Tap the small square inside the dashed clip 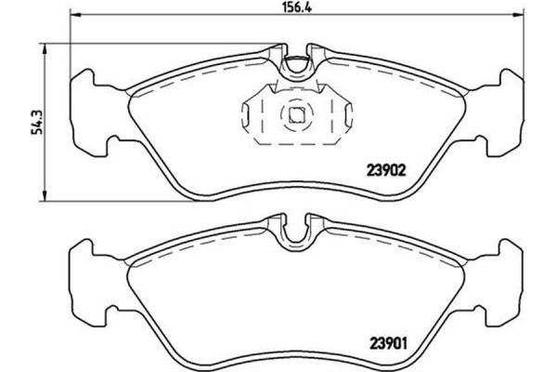click(297, 115)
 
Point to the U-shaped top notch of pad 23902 click(296, 66)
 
